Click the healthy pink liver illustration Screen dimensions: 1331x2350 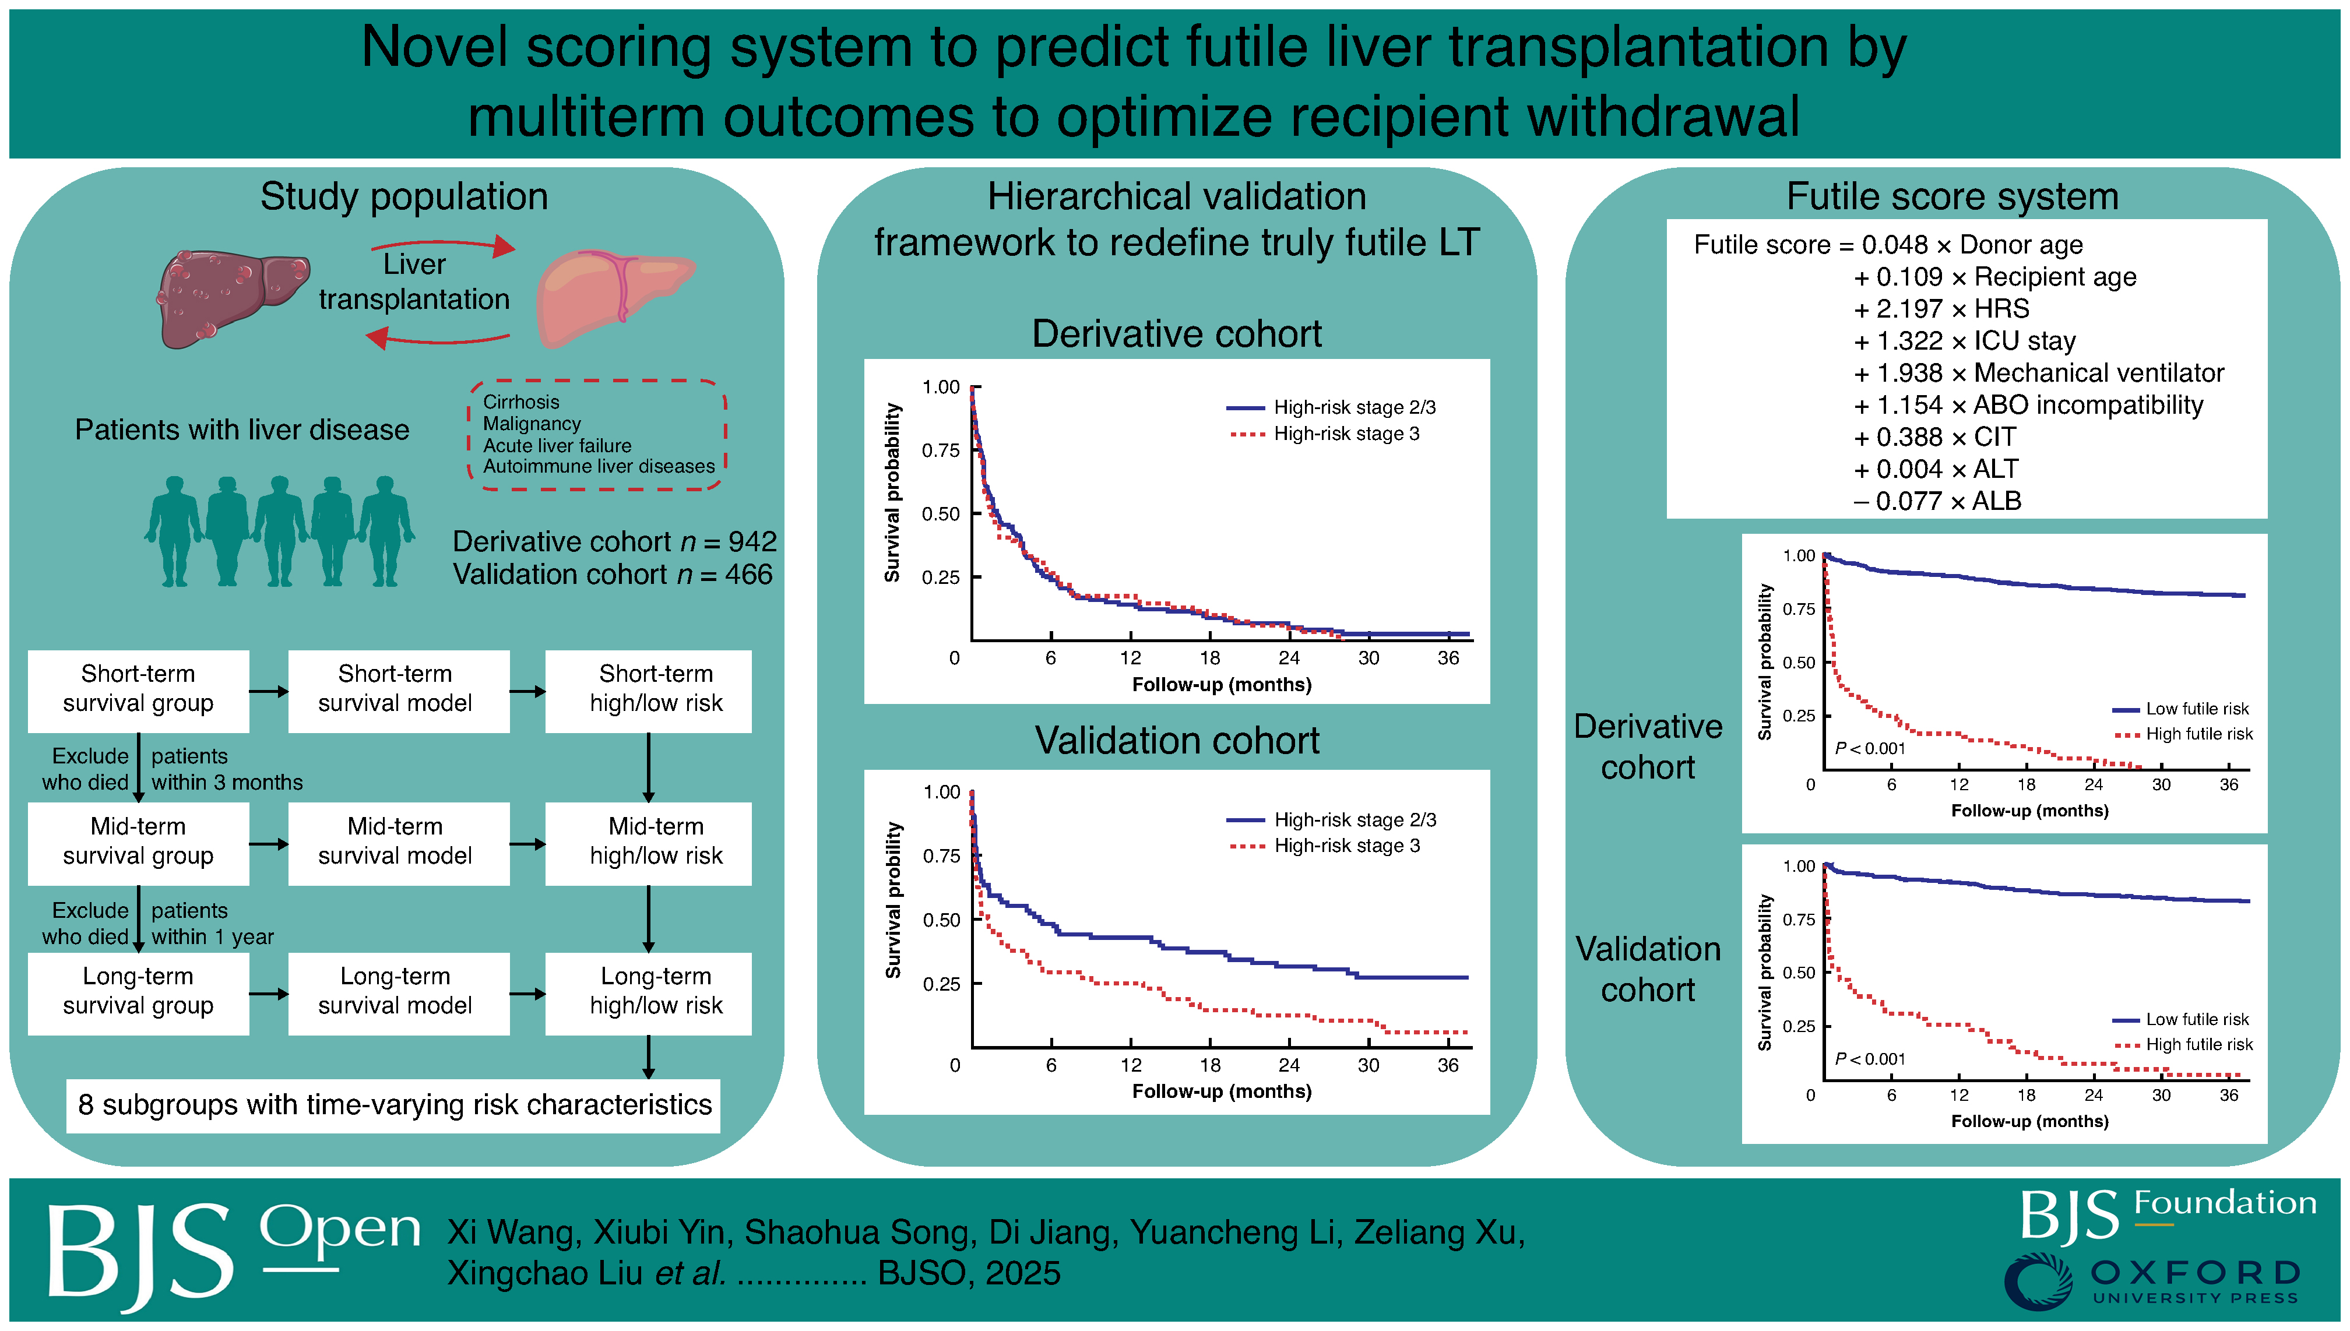click(x=613, y=297)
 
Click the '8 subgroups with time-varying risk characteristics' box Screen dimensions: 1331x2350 click(x=394, y=1105)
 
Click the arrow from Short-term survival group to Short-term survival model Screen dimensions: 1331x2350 click(x=268, y=691)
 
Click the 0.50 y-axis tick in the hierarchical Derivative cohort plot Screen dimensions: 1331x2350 click(x=941, y=514)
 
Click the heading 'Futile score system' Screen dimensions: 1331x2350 click(x=1953, y=196)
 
